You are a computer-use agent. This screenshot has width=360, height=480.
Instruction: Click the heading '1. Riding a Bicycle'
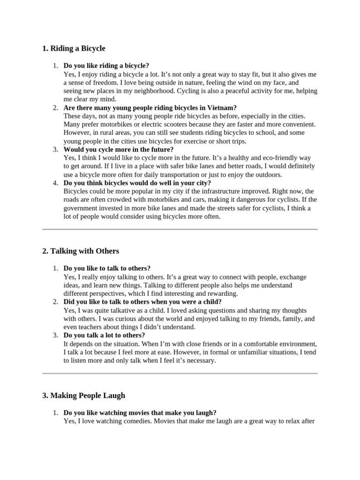[74, 48]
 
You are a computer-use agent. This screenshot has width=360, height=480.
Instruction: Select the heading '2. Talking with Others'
[80, 251]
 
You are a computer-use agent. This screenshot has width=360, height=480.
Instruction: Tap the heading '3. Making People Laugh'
[83, 396]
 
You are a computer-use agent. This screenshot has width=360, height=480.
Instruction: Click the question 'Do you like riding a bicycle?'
[106, 66]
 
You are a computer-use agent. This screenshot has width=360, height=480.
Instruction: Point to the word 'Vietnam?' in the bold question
[223, 108]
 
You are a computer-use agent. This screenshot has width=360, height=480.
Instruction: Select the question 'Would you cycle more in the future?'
[118, 150]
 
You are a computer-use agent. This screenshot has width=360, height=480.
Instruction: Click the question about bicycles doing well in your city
[137, 183]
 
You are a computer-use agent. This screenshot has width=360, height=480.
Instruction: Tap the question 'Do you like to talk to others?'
[107, 268]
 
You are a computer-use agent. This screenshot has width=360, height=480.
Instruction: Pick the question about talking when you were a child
[142, 302]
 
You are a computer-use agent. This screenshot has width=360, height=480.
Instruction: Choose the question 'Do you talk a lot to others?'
[104, 335]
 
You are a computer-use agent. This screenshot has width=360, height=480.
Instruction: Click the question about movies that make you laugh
[140, 412]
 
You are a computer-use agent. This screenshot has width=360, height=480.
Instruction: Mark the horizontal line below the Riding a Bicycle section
[180, 229]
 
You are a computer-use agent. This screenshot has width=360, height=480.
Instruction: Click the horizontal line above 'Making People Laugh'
[180, 374]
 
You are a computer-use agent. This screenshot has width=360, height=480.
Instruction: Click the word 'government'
[81, 208]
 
